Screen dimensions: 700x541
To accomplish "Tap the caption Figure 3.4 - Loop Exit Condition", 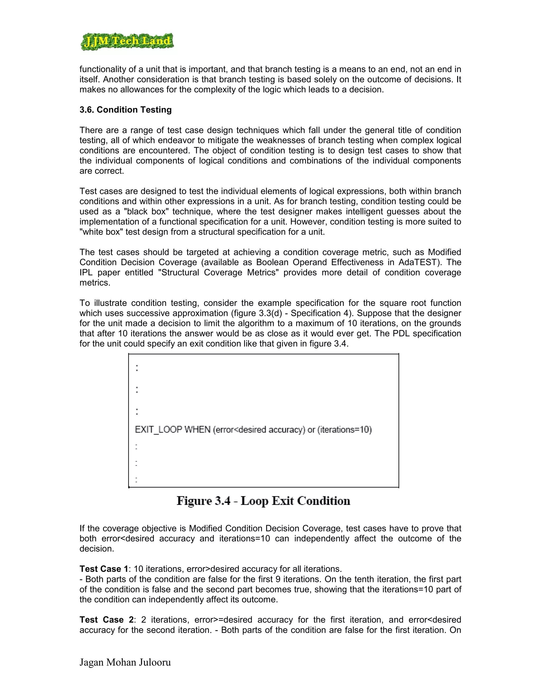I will coord(263,501).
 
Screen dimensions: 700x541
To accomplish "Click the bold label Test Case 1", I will coord(104,569).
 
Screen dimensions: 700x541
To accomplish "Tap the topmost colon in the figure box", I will coord(137,368).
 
